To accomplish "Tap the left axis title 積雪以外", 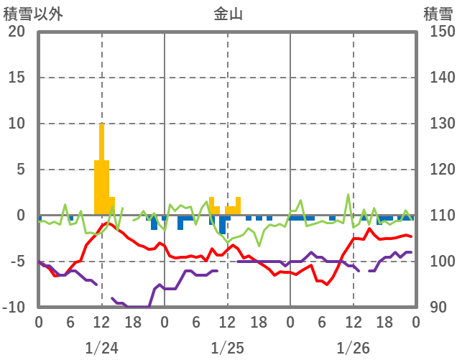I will pyautogui.click(x=30, y=14).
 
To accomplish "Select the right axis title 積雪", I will pyautogui.click(x=438, y=14).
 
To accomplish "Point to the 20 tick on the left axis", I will pyautogui.click(x=17, y=32).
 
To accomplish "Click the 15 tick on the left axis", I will pyautogui.click(x=17, y=78).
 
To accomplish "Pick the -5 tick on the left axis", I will pyautogui.click(x=17, y=262).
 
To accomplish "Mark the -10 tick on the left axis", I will pyautogui.click(x=14, y=308).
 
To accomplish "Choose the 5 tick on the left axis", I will pyautogui.click(x=21, y=170).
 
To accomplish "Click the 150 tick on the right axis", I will pyautogui.click(x=438, y=32).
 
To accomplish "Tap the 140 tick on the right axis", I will pyautogui.click(x=438, y=78).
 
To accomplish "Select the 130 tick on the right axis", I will pyautogui.click(x=438, y=124).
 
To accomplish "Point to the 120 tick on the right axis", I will pyautogui.click(x=438, y=170).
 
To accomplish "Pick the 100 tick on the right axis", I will pyautogui.click(x=438, y=262).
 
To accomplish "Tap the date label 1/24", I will pyautogui.click(x=101, y=348).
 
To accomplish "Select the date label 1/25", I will pyautogui.click(x=227, y=348).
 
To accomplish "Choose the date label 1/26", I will pyautogui.click(x=353, y=348).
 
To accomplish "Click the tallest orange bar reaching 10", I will pyautogui.click(x=102, y=169).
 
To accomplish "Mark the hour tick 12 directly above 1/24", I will pyautogui.click(x=101, y=323).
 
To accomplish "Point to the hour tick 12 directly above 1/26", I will pyautogui.click(x=353, y=323).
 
